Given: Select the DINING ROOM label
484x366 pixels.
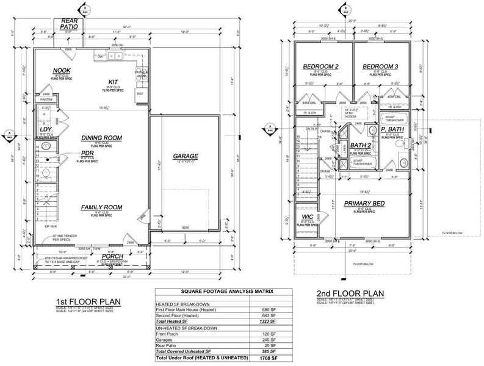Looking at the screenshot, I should click(x=101, y=138).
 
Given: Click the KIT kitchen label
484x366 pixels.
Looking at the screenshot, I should click(x=112, y=82).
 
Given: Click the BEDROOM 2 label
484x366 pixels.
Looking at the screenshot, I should click(x=320, y=66).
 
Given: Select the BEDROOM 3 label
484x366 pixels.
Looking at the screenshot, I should click(x=380, y=66).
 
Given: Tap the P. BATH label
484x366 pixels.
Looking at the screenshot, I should click(x=392, y=129).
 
